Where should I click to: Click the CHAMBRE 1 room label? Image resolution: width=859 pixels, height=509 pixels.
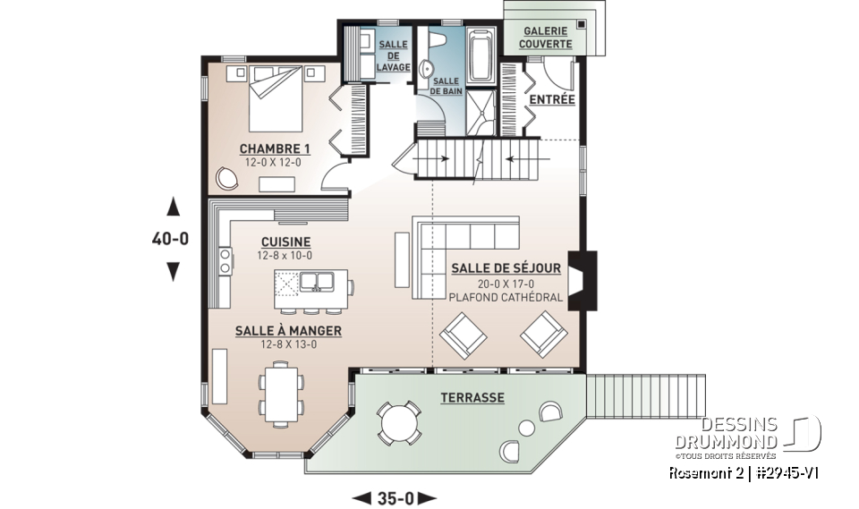click(275, 148)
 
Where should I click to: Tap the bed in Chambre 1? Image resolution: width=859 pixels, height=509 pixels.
click(276, 93)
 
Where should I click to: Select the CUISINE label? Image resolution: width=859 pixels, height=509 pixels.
click(285, 242)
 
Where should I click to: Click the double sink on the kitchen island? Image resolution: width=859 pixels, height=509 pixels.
click(314, 283)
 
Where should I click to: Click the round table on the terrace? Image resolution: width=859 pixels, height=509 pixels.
click(399, 420)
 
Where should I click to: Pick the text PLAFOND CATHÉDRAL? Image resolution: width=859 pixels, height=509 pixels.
click(506, 297)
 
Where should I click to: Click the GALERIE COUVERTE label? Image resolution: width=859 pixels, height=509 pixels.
click(548, 37)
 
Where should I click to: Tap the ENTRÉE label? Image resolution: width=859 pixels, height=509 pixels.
click(552, 99)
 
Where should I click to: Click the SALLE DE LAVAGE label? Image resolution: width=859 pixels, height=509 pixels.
click(394, 55)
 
